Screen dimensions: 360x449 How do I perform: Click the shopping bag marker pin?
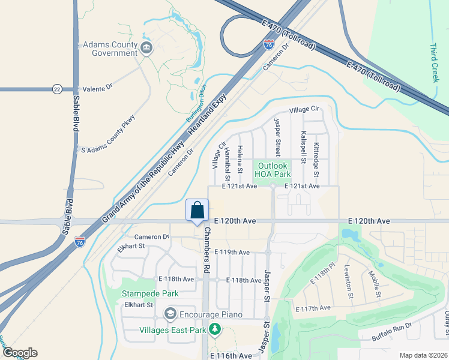click(x=197, y=211)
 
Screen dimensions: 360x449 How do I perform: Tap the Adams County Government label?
click(x=110, y=49)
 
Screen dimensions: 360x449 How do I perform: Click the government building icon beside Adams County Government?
click(x=146, y=48)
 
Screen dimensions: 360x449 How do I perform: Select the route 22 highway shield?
click(x=56, y=88)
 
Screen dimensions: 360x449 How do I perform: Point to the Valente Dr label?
click(x=97, y=88)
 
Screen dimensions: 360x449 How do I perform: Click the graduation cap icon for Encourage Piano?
click(x=170, y=314)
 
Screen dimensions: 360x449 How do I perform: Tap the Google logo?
click(x=19, y=353)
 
